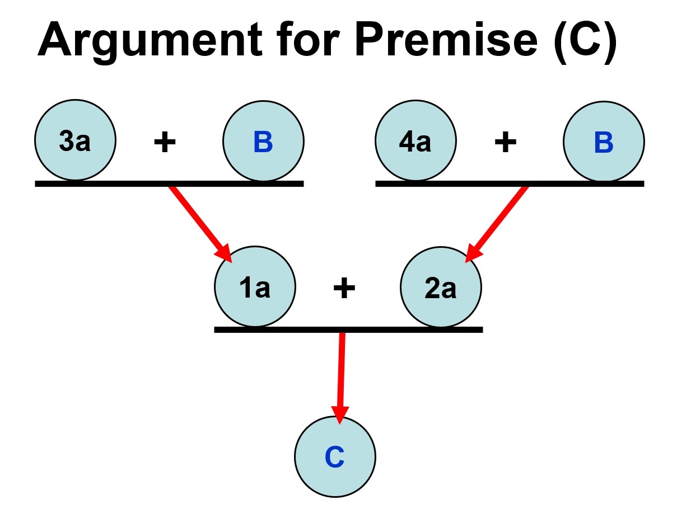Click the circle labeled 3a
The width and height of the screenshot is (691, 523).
point(75,141)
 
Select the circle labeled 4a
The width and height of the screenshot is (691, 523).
point(415,141)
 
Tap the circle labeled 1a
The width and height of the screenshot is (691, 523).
point(255,287)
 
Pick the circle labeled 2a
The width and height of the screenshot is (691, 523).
point(440,287)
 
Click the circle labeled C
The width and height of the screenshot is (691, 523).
point(335,457)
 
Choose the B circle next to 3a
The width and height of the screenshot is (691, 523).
point(263,141)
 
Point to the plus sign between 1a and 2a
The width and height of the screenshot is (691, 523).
point(344,288)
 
